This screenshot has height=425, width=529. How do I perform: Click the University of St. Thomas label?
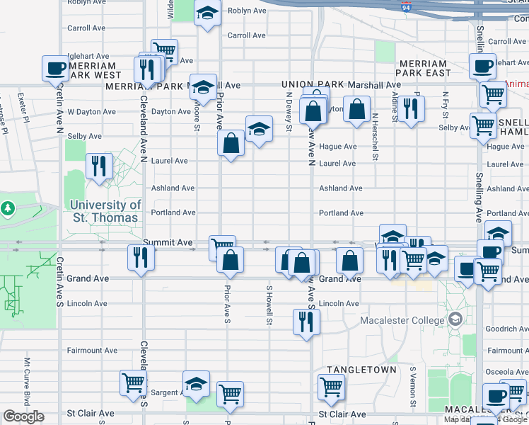(105, 211)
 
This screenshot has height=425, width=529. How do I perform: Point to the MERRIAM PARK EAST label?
(424, 68)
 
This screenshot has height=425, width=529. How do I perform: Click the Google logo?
(23, 416)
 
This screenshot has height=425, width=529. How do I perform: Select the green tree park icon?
(8, 209)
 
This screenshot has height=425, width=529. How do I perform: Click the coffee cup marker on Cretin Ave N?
(56, 69)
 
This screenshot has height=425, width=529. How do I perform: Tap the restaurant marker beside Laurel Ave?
(99, 166)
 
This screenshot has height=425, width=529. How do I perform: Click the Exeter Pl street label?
(21, 101)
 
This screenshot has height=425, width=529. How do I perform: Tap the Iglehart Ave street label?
(88, 56)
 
